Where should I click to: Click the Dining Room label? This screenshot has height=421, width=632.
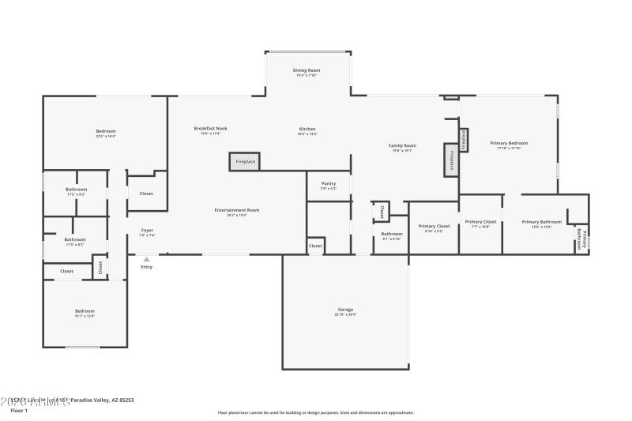click(x=306, y=71)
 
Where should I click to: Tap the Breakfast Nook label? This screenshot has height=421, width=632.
click(x=211, y=129)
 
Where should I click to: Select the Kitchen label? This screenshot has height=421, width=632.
click(x=307, y=129)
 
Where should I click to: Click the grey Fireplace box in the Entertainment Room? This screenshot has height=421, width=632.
click(x=245, y=161)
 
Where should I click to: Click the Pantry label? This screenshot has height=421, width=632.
click(x=329, y=184)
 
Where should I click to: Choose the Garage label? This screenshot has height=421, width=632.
click(x=345, y=310)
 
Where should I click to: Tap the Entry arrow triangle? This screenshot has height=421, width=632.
click(x=146, y=258)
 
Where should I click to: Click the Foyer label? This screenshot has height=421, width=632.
click(x=147, y=231)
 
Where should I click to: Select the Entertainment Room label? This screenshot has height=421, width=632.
click(x=237, y=210)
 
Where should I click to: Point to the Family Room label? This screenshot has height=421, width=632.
click(x=402, y=146)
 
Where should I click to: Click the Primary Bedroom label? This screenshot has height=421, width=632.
click(x=509, y=143)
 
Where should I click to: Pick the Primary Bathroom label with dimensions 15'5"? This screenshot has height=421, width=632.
click(x=542, y=222)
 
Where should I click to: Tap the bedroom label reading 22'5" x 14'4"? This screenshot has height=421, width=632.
click(x=106, y=131)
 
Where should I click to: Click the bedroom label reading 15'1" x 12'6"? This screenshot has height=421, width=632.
click(x=85, y=311)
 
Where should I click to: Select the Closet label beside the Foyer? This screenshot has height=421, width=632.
click(x=146, y=194)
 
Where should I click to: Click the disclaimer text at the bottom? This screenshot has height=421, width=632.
click(x=315, y=412)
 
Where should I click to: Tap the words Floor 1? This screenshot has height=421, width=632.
click(x=18, y=411)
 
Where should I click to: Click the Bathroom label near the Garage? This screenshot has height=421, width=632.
click(x=392, y=234)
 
